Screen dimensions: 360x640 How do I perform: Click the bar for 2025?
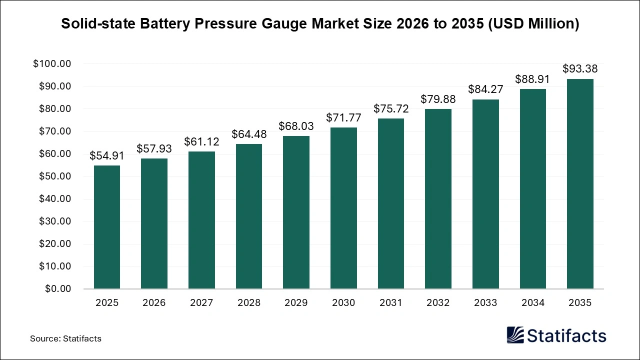click(107, 227)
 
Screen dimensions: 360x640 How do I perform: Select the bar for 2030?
click(343, 208)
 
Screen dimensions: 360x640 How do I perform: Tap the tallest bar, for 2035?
click(580, 183)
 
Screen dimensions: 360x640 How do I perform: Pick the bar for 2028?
click(249, 216)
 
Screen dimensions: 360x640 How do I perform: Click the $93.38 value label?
click(580, 68)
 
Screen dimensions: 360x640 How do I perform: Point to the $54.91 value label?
click(107, 155)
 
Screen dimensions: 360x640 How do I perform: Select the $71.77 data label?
click(343, 117)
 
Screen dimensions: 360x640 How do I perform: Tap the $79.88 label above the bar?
click(438, 99)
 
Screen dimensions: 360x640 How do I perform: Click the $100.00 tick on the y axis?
click(52, 64)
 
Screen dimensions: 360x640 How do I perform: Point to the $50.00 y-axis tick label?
click(54, 176)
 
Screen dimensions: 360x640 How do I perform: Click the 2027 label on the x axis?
click(201, 302)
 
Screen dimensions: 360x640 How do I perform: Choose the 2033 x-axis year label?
click(485, 302)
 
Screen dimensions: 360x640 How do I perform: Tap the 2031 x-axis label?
click(391, 302)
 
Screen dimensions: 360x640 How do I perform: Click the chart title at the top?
click(320, 24)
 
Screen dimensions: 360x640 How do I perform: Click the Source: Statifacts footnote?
click(65, 338)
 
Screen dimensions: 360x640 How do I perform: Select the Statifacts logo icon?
click(515, 335)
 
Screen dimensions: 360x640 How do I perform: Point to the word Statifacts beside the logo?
click(566, 335)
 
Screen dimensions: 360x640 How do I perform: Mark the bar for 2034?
click(532, 188)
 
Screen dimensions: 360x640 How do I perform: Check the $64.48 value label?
click(249, 134)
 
